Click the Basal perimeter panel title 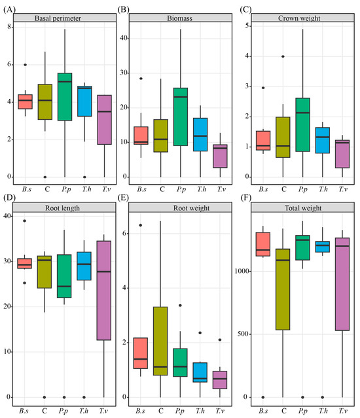pyautogui.click(x=58, y=18)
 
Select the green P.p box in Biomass pyautogui.click(x=181, y=117)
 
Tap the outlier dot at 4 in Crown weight pyautogui.click(x=283, y=56)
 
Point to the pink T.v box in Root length pyautogui.click(x=104, y=290)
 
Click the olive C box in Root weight pyautogui.click(x=160, y=341)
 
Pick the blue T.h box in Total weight pyautogui.click(x=323, y=246)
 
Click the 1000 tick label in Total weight pyautogui.click(x=242, y=271)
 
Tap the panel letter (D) pyautogui.click(x=9, y=198)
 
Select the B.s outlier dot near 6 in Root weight pyautogui.click(x=141, y=225)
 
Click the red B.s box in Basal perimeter pyautogui.click(x=25, y=102)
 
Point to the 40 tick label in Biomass pyautogui.click(x=124, y=38)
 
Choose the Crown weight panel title pyautogui.click(x=299, y=18)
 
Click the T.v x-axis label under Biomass pyautogui.click(x=221, y=189)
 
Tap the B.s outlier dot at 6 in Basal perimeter pyautogui.click(x=25, y=65)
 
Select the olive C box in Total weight pyautogui.click(x=283, y=289)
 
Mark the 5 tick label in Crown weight pyautogui.click(x=247, y=26)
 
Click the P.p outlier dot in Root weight pyautogui.click(x=180, y=305)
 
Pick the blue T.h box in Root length pyautogui.click(x=84, y=266)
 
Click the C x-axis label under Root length pyautogui.click(x=45, y=411)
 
